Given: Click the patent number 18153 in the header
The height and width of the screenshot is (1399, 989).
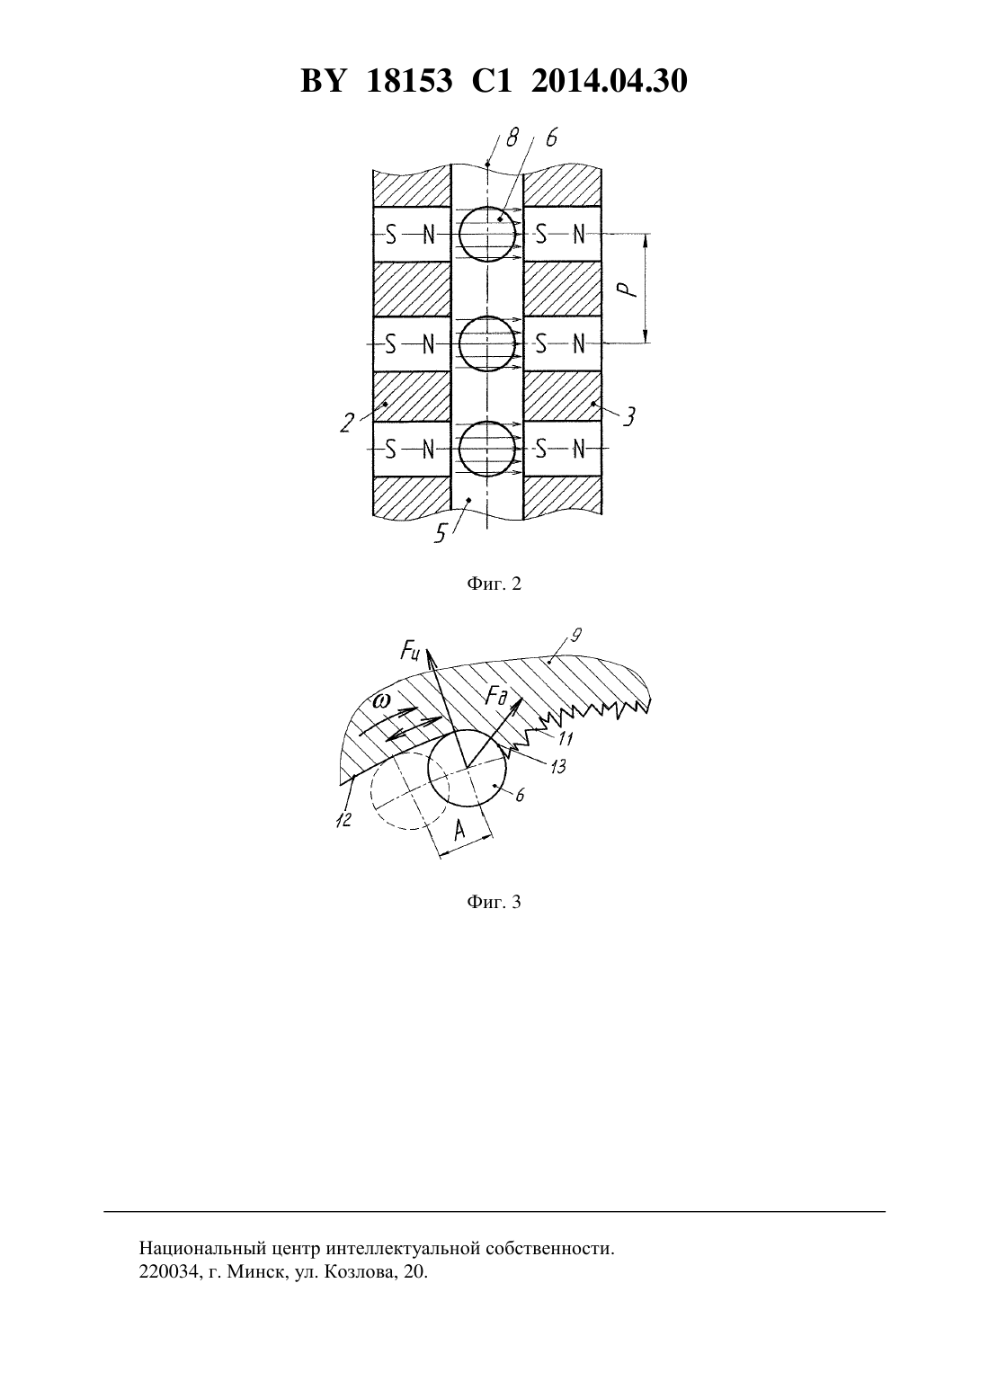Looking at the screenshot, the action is point(409,81).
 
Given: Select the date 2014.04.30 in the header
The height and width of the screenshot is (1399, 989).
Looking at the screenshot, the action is point(610,81).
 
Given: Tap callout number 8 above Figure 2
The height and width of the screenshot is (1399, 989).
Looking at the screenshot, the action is point(512,138).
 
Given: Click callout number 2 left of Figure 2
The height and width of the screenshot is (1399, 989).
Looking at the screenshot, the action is point(347,423).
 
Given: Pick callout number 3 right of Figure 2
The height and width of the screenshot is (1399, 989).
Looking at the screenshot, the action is point(629,416).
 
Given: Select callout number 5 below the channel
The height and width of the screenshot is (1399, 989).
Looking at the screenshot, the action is point(441,533).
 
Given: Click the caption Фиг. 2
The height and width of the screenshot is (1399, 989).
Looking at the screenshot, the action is point(494,584).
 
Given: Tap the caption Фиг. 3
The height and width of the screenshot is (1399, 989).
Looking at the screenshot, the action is point(494,902).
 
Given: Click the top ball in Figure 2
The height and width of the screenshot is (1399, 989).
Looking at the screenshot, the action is point(487,234).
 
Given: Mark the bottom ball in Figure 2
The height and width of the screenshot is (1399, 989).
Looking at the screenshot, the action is point(487,449).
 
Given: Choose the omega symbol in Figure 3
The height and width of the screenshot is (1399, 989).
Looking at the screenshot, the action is point(379,700).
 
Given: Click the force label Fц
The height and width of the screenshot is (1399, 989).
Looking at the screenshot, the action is point(410,652).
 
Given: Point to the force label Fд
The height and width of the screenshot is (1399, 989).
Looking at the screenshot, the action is point(497,696).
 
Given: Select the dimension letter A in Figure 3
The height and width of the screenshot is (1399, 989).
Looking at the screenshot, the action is point(459,831).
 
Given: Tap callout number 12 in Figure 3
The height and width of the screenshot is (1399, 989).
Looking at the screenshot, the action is point(343,819).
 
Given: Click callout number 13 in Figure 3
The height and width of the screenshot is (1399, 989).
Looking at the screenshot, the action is point(557,766).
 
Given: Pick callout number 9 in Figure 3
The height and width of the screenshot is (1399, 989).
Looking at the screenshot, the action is point(576,636).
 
